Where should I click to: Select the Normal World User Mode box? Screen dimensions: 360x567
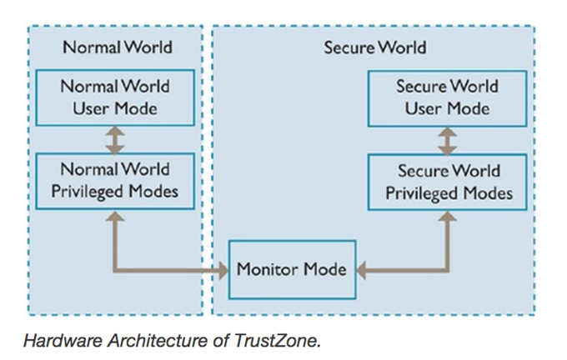point(115,97)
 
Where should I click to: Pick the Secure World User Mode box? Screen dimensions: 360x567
point(447,97)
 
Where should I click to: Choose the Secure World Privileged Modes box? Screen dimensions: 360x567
point(449,182)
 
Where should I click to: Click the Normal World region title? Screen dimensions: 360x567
point(116,47)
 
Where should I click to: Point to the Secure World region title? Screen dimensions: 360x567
point(374,47)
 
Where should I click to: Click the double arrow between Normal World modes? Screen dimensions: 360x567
point(116,139)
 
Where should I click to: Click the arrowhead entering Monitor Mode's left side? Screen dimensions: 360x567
point(223,270)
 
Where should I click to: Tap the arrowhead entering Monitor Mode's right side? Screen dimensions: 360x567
point(363,270)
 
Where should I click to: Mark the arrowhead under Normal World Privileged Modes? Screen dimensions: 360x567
point(115,217)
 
